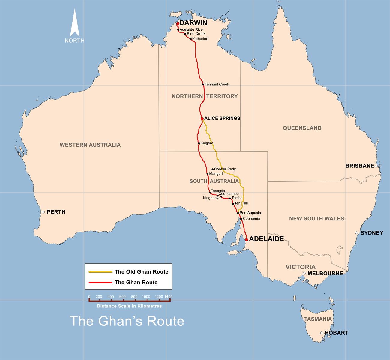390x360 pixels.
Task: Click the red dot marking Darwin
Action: click(178, 23)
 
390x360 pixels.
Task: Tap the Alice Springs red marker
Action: click(202, 119)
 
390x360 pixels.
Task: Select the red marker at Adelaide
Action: click(247, 240)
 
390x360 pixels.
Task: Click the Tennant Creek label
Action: click(217, 84)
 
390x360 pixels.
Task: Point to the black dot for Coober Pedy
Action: click(212, 169)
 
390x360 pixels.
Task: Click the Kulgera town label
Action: click(207, 143)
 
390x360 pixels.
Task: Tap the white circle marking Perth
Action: click(43, 212)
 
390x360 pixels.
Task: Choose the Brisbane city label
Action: click(360, 166)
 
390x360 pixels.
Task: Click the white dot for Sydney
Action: click(357, 233)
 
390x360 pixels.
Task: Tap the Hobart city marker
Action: click(322, 333)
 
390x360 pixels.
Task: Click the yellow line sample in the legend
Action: click(100, 272)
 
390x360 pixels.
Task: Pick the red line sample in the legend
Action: click(100, 283)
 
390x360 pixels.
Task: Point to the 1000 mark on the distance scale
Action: click(146, 297)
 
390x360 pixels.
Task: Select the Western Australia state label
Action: click(90, 145)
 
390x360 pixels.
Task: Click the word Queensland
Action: click(302, 128)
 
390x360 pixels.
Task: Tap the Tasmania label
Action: click(318, 319)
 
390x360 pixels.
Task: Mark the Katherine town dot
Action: click(191, 39)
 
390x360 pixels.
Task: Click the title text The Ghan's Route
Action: click(127, 321)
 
